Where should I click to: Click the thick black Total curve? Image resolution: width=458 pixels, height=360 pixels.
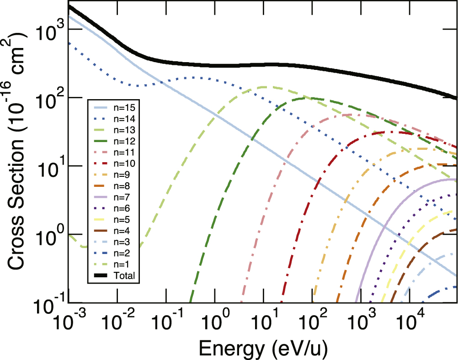pos(229,66)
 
